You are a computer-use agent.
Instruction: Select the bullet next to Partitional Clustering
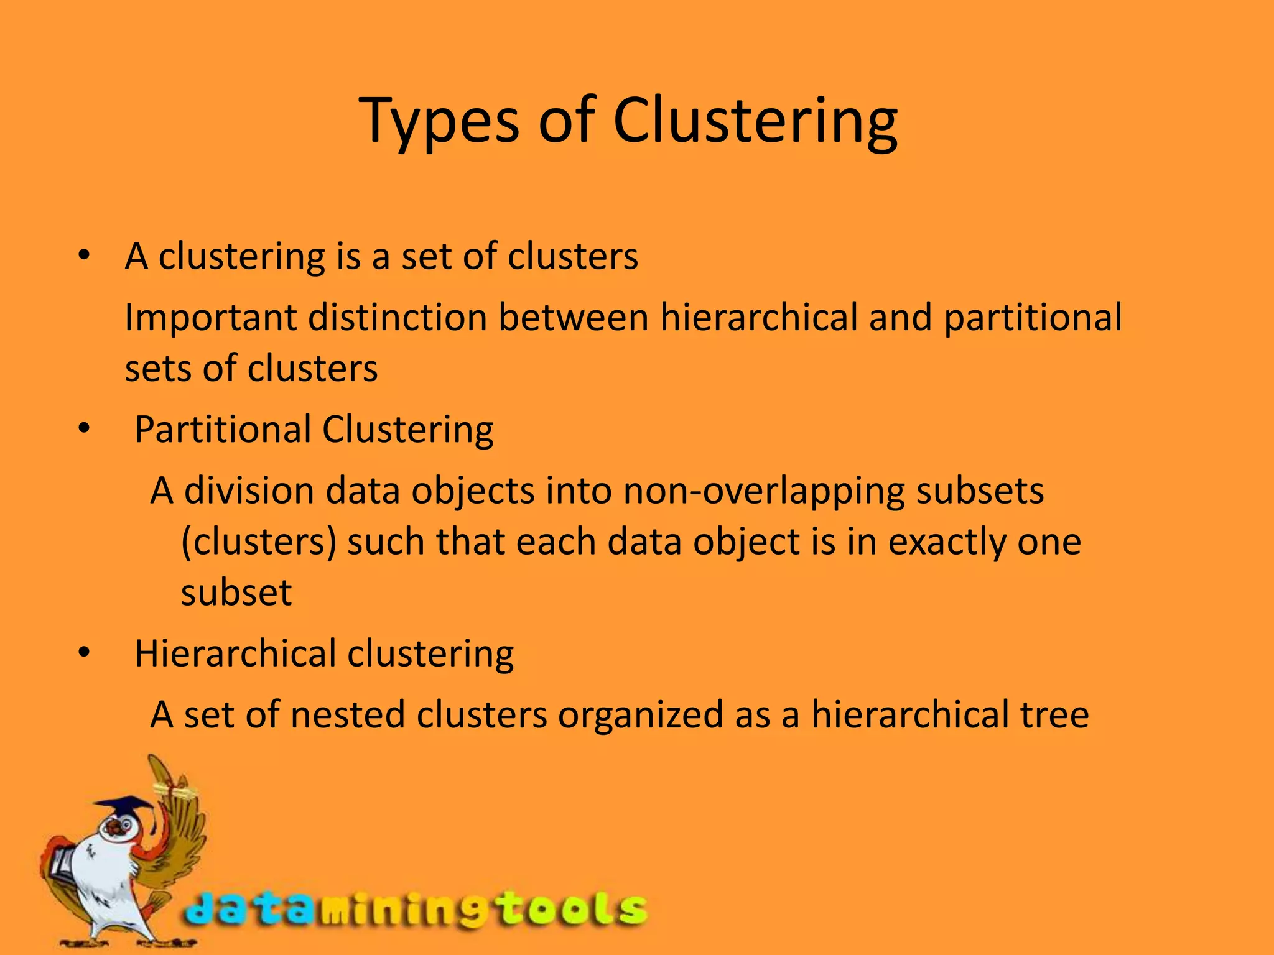pyautogui.click(x=85, y=428)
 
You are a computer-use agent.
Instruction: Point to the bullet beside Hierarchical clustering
pyautogui.click(x=85, y=653)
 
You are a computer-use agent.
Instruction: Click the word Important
pyautogui.click(x=211, y=318)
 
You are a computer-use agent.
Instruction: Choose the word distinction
pyautogui.click(x=398, y=318)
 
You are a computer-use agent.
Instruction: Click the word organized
pyautogui.click(x=641, y=716)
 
